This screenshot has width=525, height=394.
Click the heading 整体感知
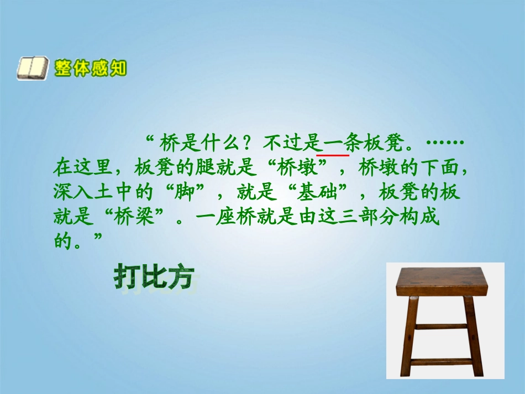[x=91, y=69]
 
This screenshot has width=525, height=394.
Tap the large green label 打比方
[x=155, y=277]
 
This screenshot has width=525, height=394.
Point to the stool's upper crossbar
[x=442, y=326]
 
